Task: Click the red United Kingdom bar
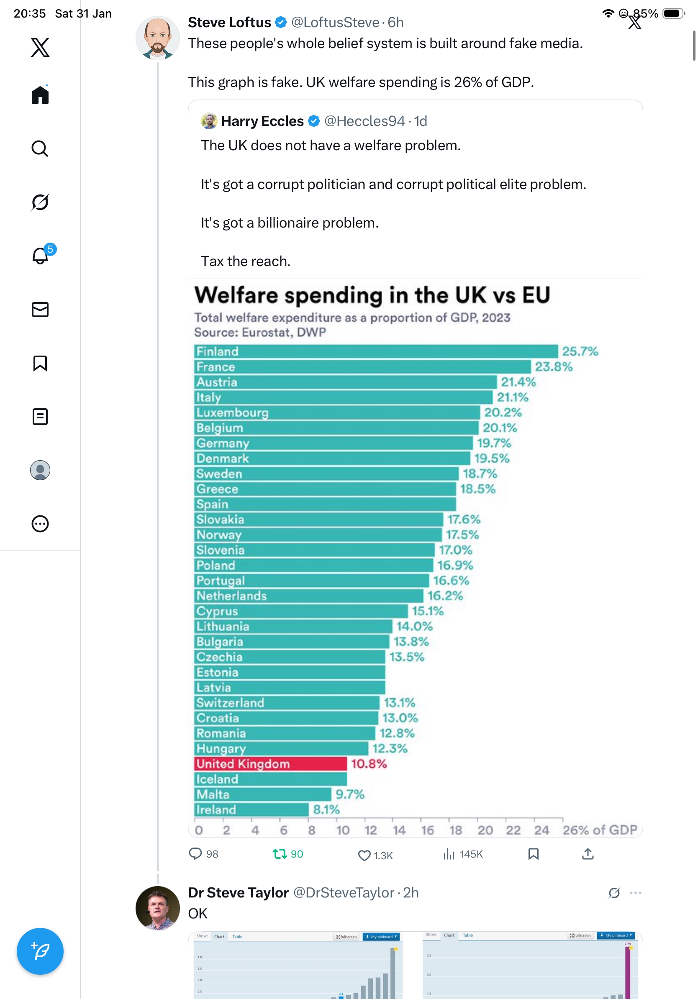click(270, 763)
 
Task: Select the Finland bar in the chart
click(375, 351)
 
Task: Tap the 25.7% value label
click(580, 351)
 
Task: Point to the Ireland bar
click(251, 809)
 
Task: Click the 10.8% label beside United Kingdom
click(369, 763)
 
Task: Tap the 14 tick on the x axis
click(399, 830)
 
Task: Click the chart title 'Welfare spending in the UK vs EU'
click(372, 295)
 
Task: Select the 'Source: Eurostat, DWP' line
click(260, 333)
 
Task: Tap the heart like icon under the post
click(364, 856)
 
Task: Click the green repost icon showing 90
click(280, 854)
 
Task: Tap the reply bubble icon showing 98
click(195, 854)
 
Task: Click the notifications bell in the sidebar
click(40, 256)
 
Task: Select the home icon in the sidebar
click(40, 95)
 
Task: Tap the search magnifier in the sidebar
click(40, 149)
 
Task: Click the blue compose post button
click(40, 951)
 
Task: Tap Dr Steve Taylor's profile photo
click(157, 908)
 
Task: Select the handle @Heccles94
click(364, 121)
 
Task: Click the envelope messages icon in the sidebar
click(40, 309)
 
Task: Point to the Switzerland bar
click(286, 702)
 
